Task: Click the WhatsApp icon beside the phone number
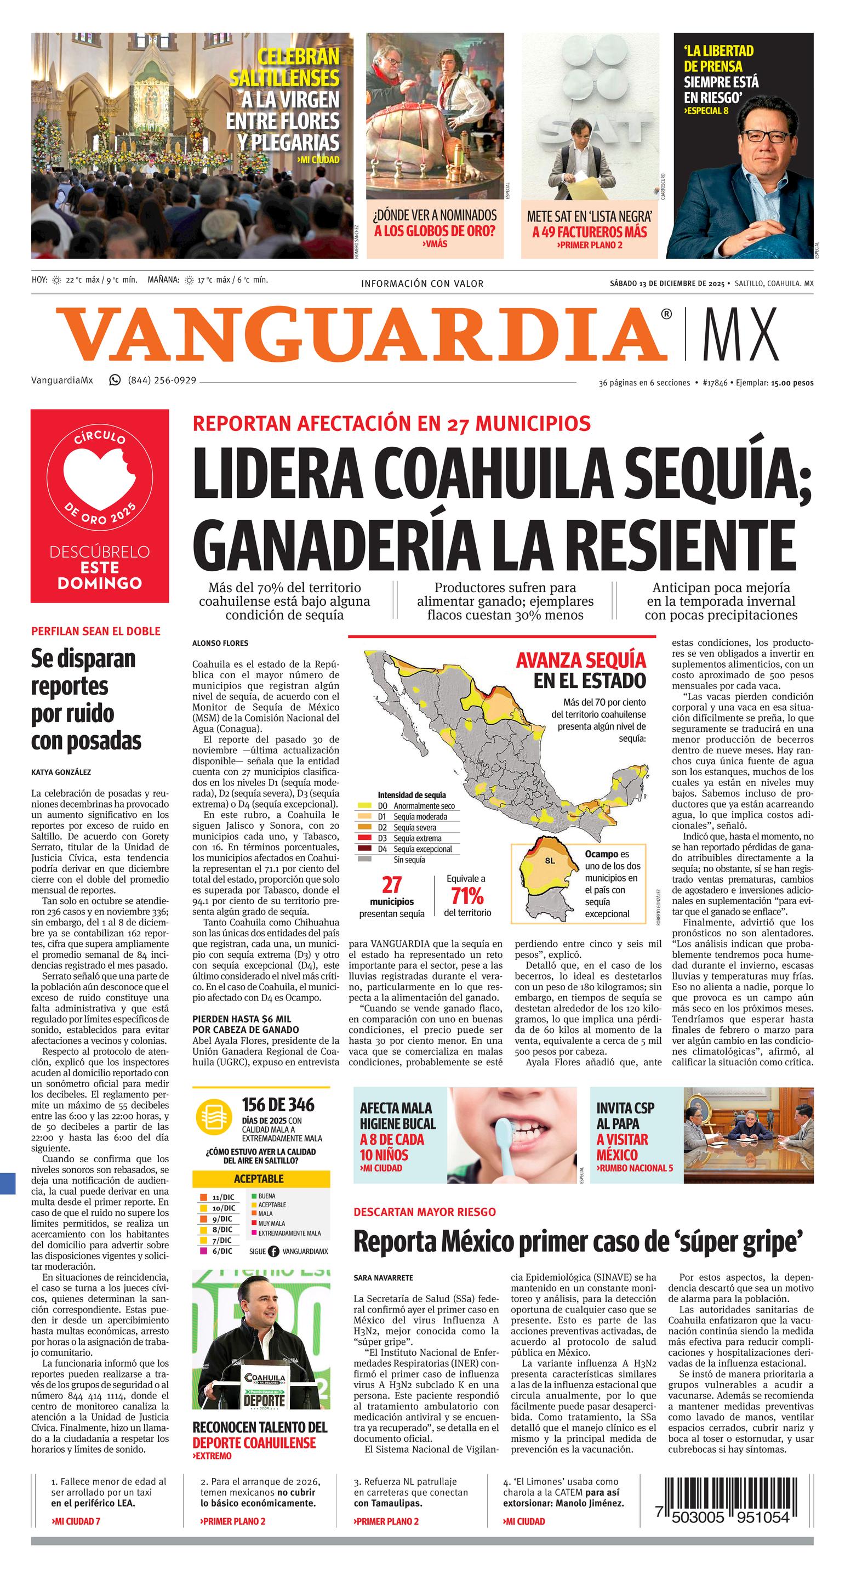pos(115,380)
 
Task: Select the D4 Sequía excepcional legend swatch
pos(365,849)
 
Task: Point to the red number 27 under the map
pos(391,885)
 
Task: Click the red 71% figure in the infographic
pos(467,896)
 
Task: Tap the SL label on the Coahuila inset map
pos(550,861)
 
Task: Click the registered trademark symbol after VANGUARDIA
pos(666,314)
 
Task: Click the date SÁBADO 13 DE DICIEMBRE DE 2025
pos(666,283)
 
